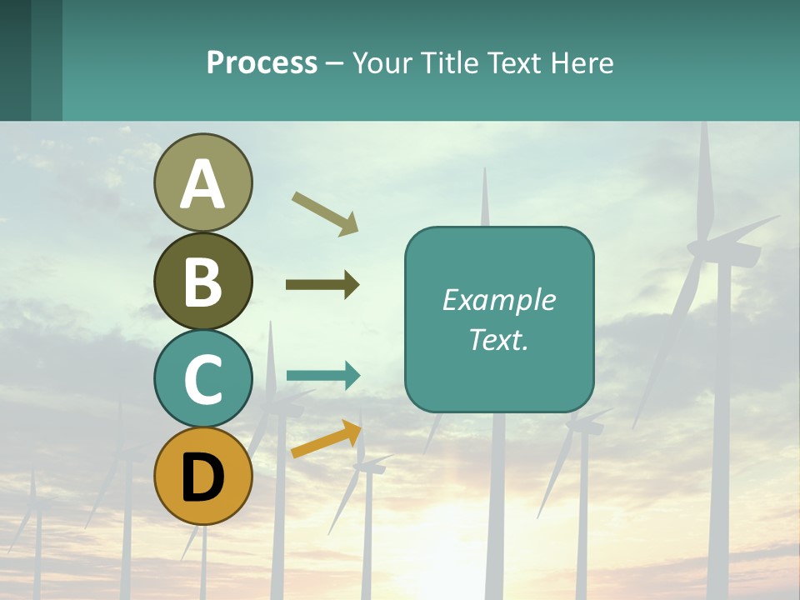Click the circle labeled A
tap(203, 182)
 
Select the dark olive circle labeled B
tap(203, 281)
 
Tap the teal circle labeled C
tap(203, 378)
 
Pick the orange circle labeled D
tap(203, 476)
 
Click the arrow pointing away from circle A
tap(324, 213)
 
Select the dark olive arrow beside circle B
tap(322, 285)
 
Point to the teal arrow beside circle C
tap(323, 376)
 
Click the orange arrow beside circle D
tap(326, 439)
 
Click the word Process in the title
tap(262, 62)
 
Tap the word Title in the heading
tap(448, 62)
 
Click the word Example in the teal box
tap(498, 300)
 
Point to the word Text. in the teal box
tap(498, 340)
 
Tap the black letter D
tap(203, 477)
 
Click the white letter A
tap(203, 184)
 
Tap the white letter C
tap(203, 379)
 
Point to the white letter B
tap(203, 282)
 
